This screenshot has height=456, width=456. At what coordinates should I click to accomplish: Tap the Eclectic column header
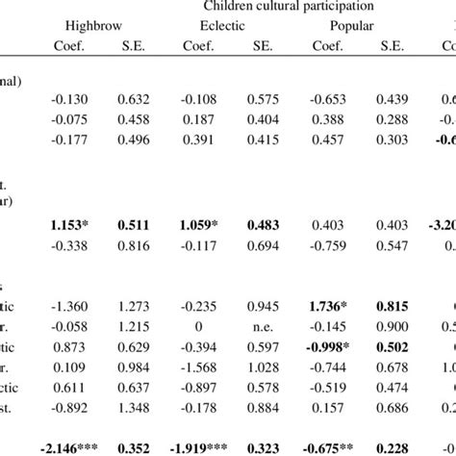coord(229,26)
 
